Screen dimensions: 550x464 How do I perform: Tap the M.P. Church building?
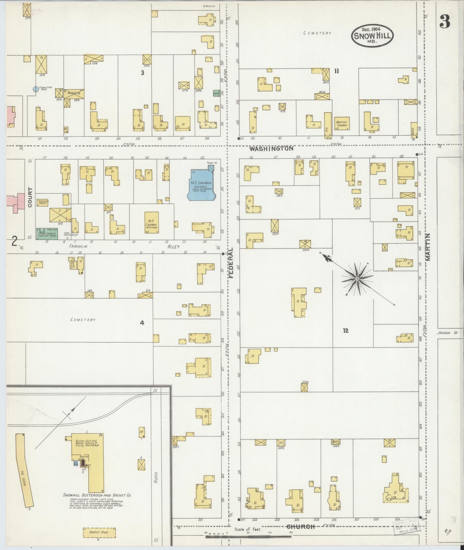[151, 222]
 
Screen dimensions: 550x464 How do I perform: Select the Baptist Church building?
[341, 124]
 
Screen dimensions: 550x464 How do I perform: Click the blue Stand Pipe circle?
[36, 89]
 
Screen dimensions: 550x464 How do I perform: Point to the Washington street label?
[271, 149]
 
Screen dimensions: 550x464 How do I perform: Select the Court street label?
[30, 198]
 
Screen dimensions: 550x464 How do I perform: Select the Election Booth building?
[42, 202]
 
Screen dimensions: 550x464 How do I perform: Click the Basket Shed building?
[99, 532]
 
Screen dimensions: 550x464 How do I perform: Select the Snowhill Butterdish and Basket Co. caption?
[97, 495]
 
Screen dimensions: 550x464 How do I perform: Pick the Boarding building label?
[74, 93]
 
